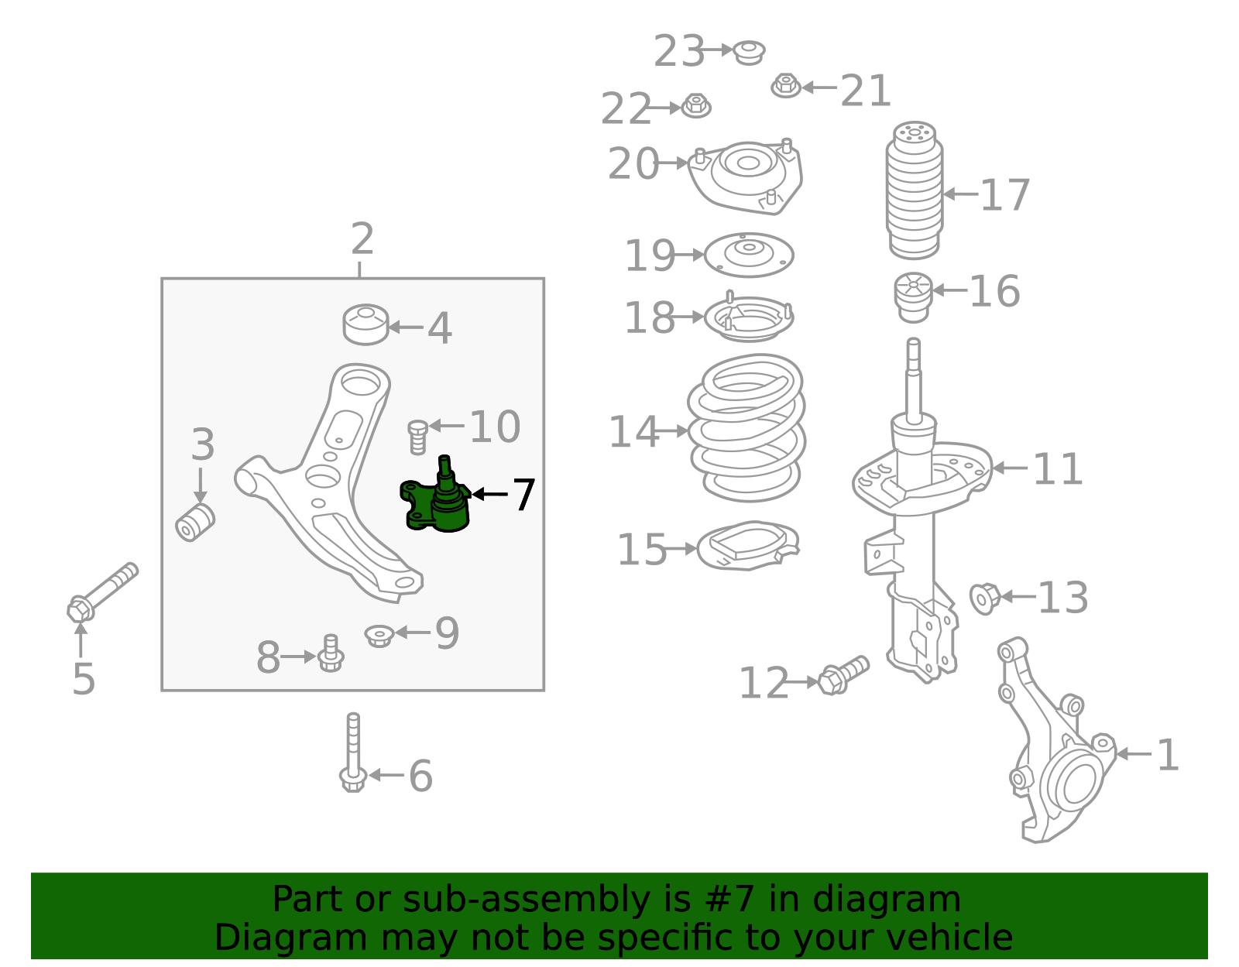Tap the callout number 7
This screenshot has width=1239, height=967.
tap(524, 495)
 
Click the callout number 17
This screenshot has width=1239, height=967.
tap(1005, 195)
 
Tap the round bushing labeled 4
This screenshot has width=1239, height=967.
tap(366, 324)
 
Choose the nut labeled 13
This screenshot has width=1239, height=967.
tap(985, 598)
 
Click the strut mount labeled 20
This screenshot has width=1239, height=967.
tap(746, 175)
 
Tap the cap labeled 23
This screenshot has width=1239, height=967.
tap(749, 52)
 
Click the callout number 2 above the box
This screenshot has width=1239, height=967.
tap(362, 239)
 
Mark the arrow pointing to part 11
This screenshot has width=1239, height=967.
tap(1010, 468)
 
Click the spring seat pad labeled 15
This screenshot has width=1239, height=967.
tap(746, 547)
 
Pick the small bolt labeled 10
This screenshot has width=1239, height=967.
tap(417, 437)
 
